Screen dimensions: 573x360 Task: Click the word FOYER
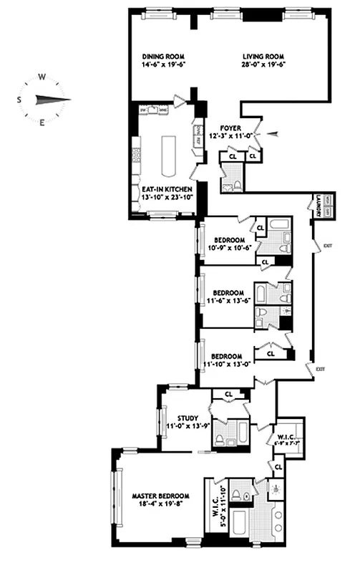230,128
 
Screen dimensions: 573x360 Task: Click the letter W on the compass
42,77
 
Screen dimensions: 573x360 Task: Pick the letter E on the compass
42,122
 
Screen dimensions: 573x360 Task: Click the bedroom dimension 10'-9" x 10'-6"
227,248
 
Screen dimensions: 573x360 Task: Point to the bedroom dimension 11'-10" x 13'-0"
227,364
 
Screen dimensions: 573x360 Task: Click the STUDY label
176,419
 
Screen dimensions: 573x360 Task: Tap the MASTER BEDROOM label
160,496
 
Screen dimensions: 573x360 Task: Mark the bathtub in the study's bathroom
241,433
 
